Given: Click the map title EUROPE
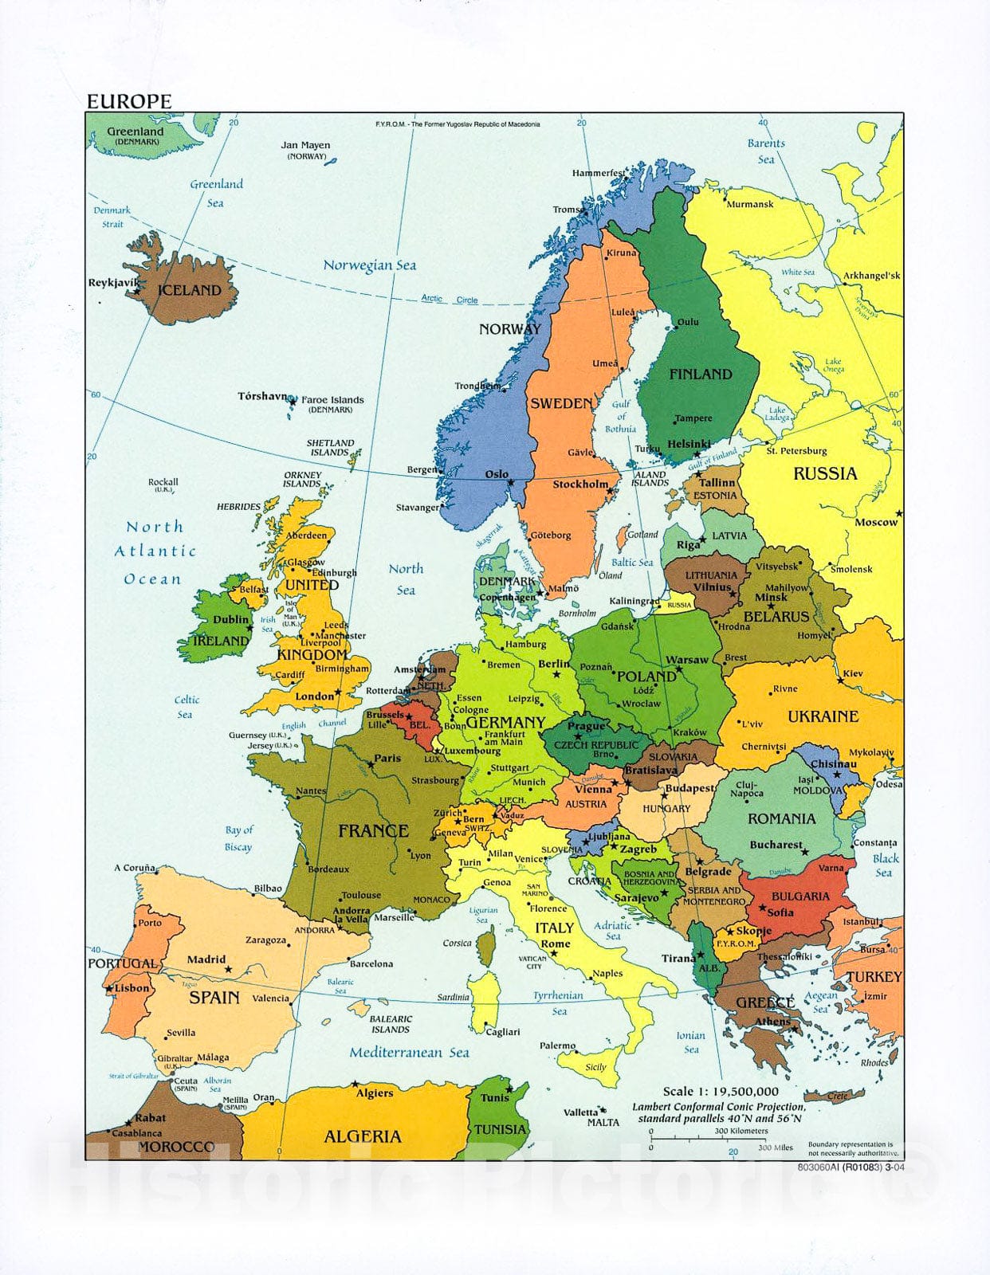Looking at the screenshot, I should coord(129,101).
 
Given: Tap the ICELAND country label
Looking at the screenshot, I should coord(189,290).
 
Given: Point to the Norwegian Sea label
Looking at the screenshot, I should coord(369,265).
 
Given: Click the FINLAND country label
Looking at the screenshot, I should coord(700,374).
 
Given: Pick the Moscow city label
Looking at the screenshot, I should coord(875,523).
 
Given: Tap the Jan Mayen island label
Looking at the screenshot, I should coord(305,146).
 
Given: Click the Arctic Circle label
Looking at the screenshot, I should coord(450,300).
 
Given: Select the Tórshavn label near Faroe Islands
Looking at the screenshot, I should coord(261,396).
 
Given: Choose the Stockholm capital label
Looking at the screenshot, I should coord(580,484).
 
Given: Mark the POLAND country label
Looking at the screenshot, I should coord(646,677).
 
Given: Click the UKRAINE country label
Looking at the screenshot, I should coord(823,716).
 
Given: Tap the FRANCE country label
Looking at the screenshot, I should coord(373,831).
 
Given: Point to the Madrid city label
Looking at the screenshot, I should coord(206,959).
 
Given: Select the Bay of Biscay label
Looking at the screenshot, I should coord(238,838).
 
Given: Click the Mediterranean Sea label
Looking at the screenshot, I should coord(409,1053).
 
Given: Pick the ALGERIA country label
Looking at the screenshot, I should coord(362,1136).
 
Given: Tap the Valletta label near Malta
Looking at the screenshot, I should coord(580,1112).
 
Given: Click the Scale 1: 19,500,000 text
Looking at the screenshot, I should coord(721,1092).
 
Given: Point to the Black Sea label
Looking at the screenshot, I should coord(885,865).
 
